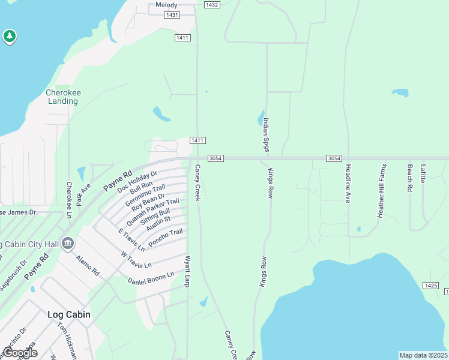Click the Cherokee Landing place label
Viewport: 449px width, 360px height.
pyautogui.click(x=62, y=97)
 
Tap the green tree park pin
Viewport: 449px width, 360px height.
pyautogui.click(x=9, y=37)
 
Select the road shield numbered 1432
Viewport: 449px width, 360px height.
pyautogui.click(x=211, y=4)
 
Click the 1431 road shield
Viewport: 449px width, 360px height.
pyautogui.click(x=172, y=14)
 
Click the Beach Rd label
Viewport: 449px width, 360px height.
pyautogui.click(x=410, y=178)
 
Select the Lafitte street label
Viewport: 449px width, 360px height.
pyautogui.click(x=424, y=173)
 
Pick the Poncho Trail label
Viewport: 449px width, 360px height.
pyautogui.click(x=165, y=236)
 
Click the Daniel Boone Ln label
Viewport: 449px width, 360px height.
pyautogui.click(x=151, y=278)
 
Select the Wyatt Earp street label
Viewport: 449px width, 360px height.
pyautogui.click(x=187, y=270)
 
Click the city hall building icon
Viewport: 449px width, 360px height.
pyautogui.click(x=68, y=243)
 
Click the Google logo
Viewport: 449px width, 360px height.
pyautogui.click(x=19, y=353)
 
